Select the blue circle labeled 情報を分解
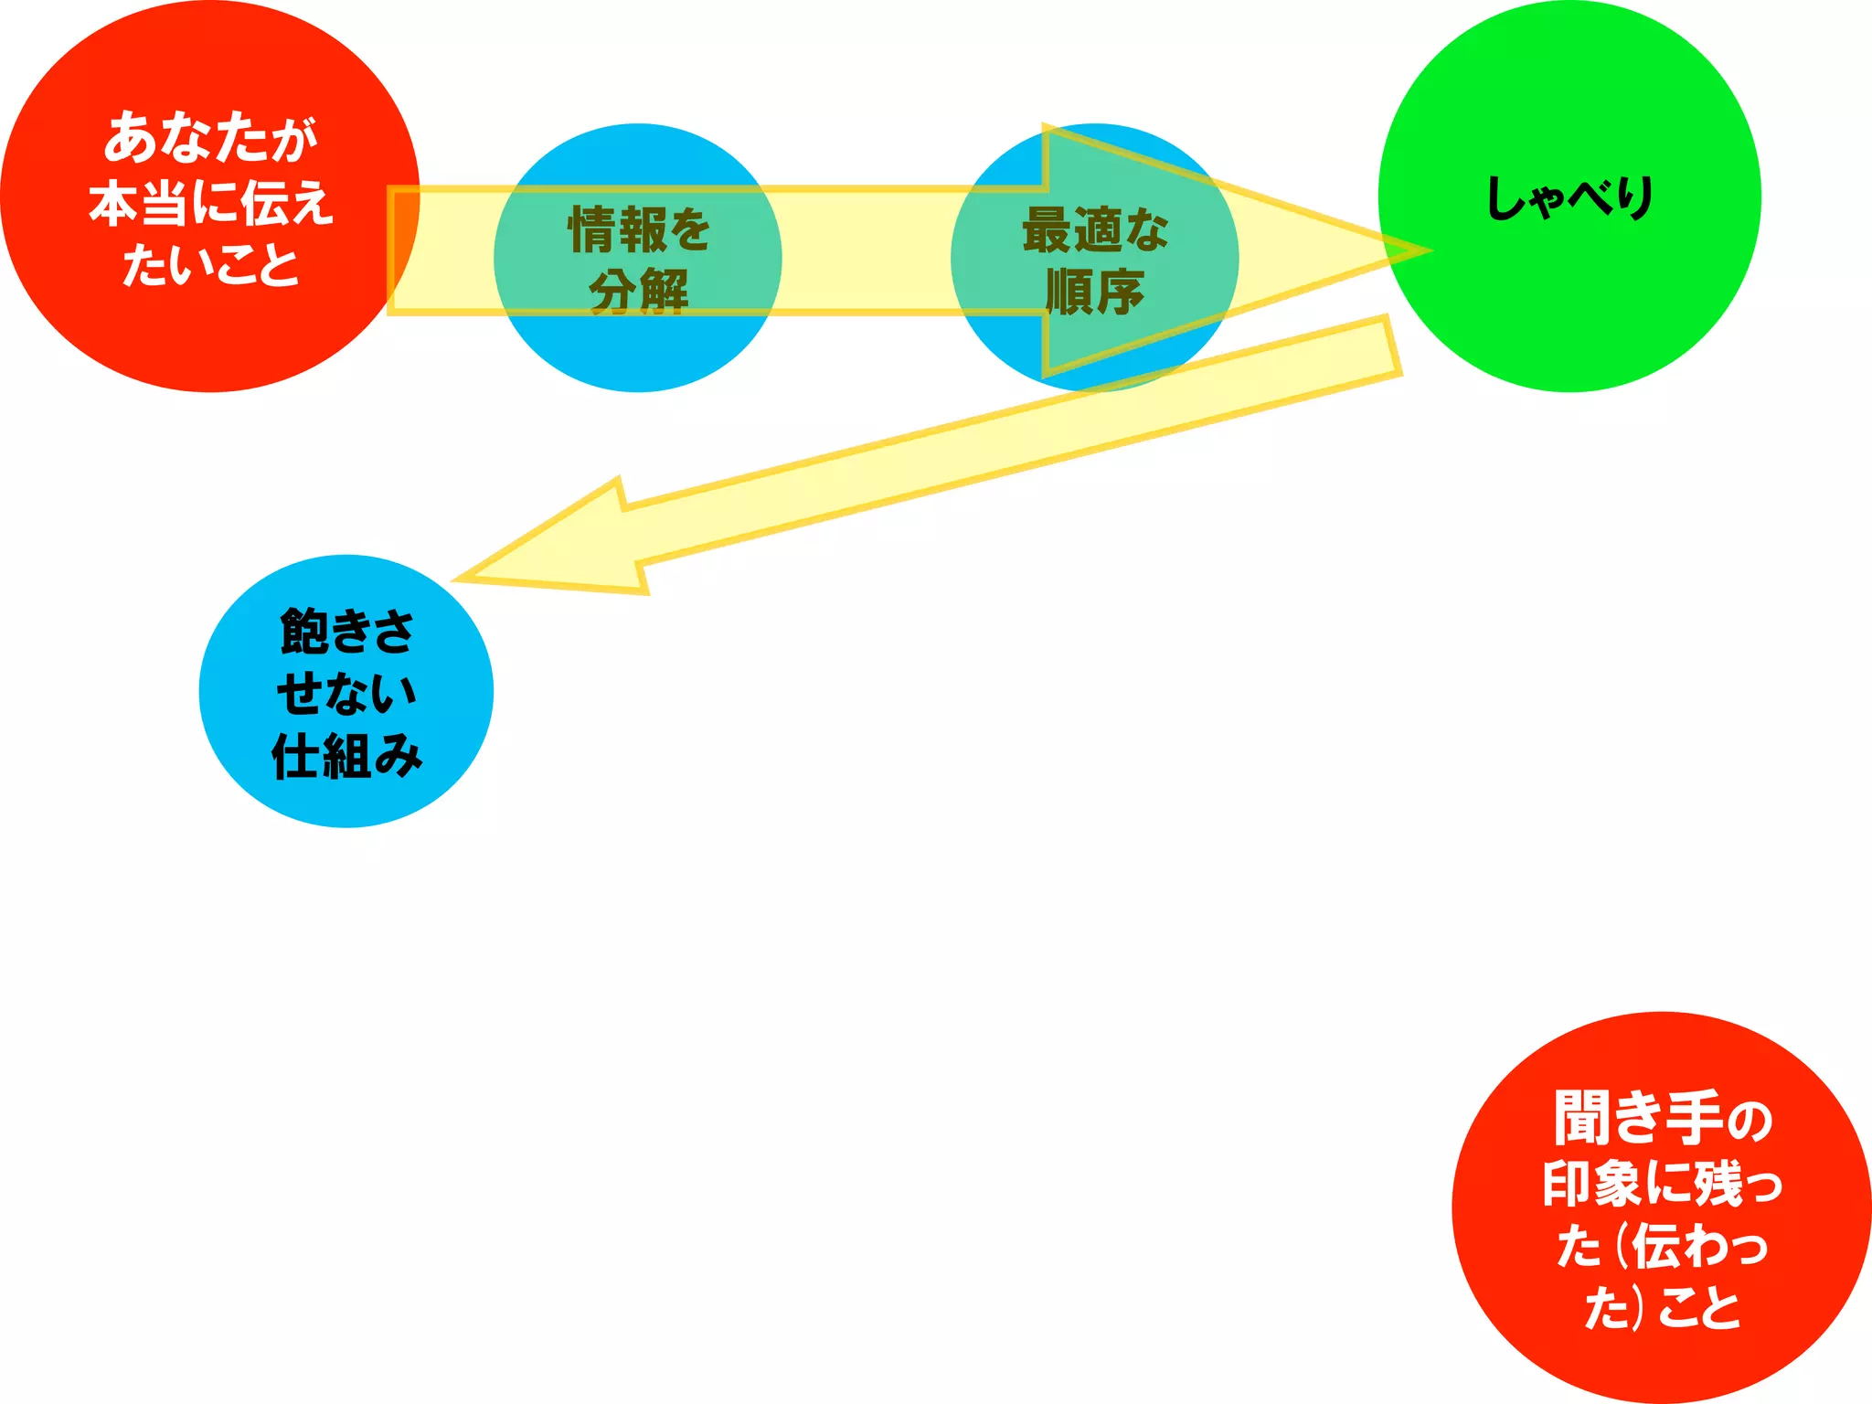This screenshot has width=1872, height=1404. click(x=637, y=352)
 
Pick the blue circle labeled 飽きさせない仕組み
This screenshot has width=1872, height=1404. click(x=346, y=691)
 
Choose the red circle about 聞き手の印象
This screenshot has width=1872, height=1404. click(x=1661, y=1207)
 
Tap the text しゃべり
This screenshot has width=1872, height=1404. click(x=1569, y=198)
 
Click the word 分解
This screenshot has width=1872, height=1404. click(x=638, y=292)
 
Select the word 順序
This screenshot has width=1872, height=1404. click(x=1094, y=292)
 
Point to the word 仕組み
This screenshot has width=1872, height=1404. click(x=346, y=756)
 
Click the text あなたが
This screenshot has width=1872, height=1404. click(x=210, y=138)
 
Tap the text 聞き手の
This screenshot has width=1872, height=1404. click(x=1662, y=1118)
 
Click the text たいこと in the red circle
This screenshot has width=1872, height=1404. click(x=210, y=265)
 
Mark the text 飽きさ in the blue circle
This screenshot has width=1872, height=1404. click(x=346, y=631)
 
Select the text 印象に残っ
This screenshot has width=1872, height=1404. click(x=1662, y=1184)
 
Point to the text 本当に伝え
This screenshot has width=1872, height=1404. click(x=210, y=202)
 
